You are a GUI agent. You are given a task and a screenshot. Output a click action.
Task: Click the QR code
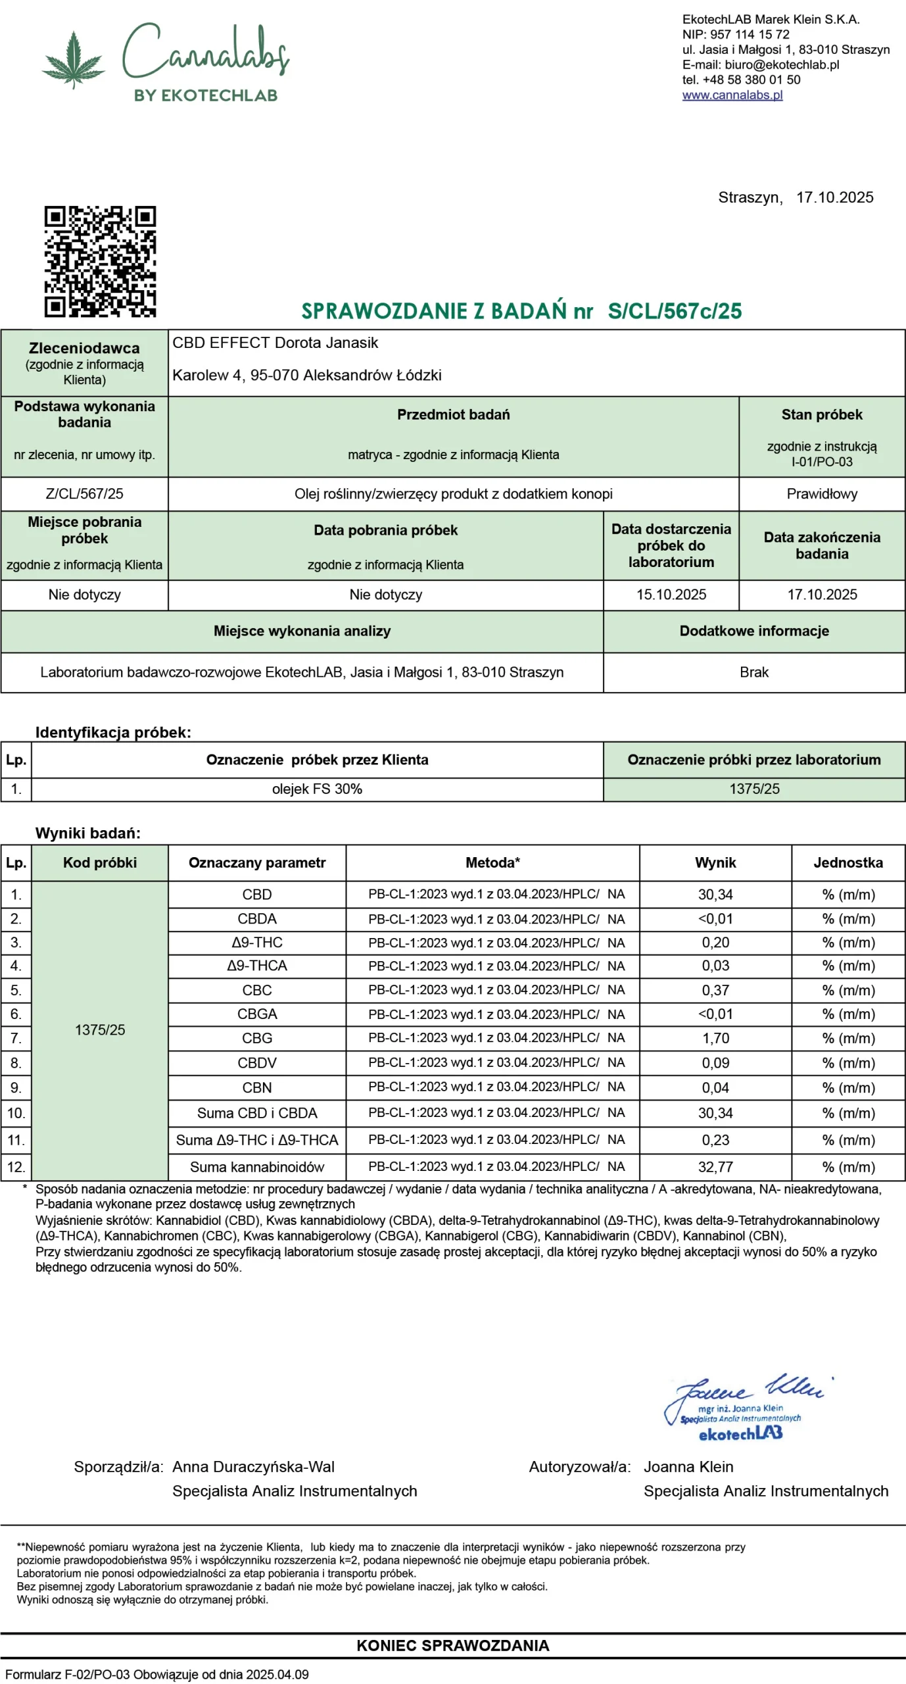100,261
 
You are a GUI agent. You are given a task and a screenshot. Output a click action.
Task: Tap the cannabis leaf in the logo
73,59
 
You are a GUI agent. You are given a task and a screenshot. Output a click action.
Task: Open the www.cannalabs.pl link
732,95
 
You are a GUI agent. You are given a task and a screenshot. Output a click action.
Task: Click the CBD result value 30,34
715,895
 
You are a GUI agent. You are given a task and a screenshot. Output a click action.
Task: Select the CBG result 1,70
715,1038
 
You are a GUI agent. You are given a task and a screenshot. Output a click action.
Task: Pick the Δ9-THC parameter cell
256,942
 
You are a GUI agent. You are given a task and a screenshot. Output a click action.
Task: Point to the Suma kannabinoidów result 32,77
715,1167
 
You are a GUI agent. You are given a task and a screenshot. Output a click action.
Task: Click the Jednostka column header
847,862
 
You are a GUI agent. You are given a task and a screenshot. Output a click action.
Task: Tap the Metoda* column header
492,862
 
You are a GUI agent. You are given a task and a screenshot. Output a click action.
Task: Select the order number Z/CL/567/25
84,493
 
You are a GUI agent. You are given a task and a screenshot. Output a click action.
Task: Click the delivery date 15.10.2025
671,594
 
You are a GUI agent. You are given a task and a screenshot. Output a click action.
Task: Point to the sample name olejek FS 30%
317,789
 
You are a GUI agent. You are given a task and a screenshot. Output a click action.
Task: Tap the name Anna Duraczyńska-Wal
253,1466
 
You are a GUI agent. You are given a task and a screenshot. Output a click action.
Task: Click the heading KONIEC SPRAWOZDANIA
452,1645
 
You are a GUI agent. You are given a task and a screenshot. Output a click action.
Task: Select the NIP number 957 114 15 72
750,34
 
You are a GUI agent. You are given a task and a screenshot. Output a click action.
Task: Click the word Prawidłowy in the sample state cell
821,493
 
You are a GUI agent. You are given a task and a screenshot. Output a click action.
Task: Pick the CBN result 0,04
715,1087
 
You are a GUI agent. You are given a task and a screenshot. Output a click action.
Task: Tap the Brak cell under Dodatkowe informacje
753,672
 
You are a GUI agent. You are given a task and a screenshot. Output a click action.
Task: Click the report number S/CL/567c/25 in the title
675,310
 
